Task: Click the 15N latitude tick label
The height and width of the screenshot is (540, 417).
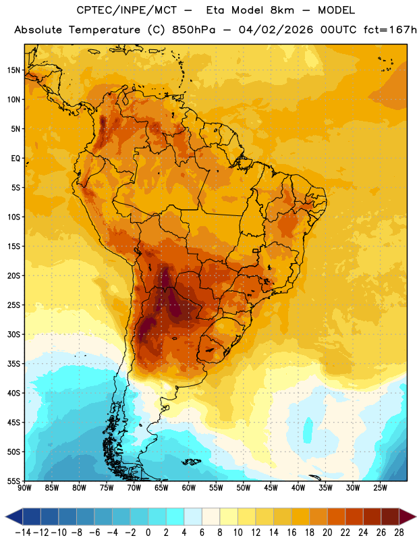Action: click(13, 70)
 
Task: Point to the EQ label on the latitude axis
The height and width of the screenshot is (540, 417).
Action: click(16, 159)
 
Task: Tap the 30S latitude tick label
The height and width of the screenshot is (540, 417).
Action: click(13, 334)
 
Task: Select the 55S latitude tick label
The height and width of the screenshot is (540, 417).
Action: click(13, 481)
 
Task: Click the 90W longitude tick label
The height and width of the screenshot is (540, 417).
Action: click(24, 487)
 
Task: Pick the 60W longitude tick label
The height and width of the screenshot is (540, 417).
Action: click(189, 487)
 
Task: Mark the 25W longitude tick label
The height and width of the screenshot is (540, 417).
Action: click(380, 487)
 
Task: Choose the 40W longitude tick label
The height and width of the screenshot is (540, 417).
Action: click(298, 487)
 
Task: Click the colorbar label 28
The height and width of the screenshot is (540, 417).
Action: click(399, 533)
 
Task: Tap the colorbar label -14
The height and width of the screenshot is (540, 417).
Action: click(23, 533)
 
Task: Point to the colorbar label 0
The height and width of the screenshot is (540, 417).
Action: click(148, 533)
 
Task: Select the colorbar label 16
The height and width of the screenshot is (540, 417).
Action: click(291, 533)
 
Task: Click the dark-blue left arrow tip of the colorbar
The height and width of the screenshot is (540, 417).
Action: click(6, 516)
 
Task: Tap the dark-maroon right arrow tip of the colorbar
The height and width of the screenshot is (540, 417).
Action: click(416, 516)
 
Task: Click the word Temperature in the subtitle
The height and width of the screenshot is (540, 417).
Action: click(105, 30)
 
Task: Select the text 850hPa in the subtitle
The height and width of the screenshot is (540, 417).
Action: click(193, 30)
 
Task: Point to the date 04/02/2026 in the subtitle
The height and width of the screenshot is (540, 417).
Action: click(276, 30)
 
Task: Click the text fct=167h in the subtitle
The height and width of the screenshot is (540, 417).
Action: click(390, 30)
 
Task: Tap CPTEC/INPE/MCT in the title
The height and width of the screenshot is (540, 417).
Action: click(127, 10)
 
